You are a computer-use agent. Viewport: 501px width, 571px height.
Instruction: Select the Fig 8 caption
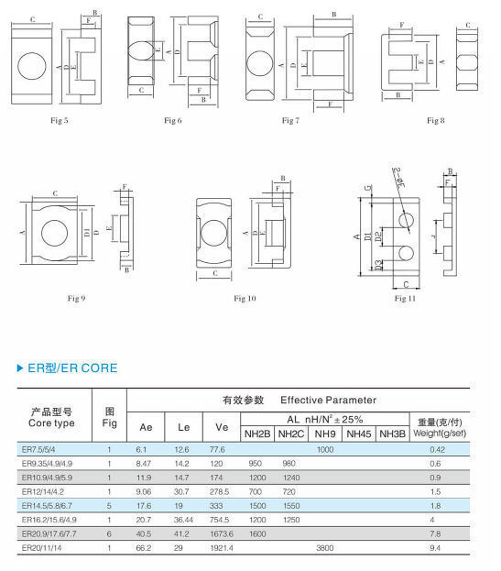click(435, 120)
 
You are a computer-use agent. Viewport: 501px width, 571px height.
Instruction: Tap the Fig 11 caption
click(405, 298)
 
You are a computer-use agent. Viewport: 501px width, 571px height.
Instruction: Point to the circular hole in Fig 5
click(34, 68)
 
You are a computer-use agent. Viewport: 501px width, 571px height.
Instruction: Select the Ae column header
click(146, 427)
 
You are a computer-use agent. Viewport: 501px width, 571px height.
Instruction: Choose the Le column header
click(182, 427)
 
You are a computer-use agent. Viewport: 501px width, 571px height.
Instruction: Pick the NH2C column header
click(291, 434)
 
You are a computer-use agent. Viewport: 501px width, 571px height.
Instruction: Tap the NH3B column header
click(391, 434)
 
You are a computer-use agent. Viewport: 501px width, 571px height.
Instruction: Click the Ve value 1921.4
click(221, 547)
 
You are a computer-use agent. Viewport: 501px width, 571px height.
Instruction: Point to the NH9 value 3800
click(324, 547)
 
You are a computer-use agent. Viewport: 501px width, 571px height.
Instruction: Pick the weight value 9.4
click(435, 547)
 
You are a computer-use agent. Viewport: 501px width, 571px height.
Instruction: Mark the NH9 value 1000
click(324, 450)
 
